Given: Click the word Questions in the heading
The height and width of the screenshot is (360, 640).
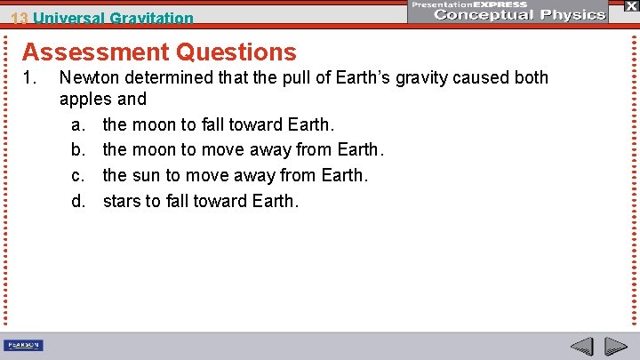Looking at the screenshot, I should pos(236,52).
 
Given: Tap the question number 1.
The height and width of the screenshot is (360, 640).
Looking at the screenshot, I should pos(28,78).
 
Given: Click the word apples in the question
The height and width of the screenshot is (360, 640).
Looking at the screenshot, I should pos(87,99).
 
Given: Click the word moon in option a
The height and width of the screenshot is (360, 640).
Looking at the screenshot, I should pos(158,124).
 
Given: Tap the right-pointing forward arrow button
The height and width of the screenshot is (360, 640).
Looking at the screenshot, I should pos(616,346).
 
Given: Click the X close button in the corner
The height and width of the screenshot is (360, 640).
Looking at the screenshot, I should pos(630,6).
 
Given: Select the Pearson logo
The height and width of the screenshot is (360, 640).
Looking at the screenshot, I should pos(24,345).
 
